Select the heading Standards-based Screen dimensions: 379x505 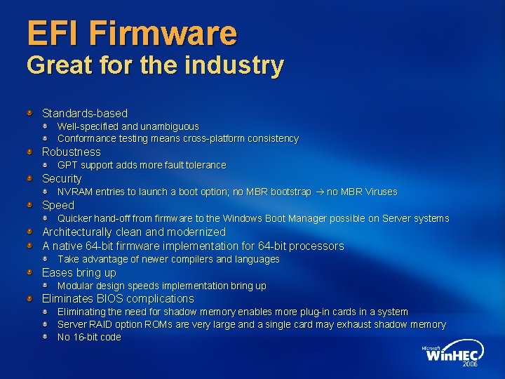click(85, 113)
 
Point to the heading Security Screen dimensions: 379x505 click(62, 178)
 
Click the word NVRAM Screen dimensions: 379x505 click(74, 192)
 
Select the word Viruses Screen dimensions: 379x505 click(379, 192)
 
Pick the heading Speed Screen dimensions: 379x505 click(58, 205)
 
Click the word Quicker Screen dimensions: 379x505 click(74, 218)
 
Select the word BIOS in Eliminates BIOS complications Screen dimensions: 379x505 click(109, 298)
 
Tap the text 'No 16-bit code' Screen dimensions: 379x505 click(89, 337)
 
